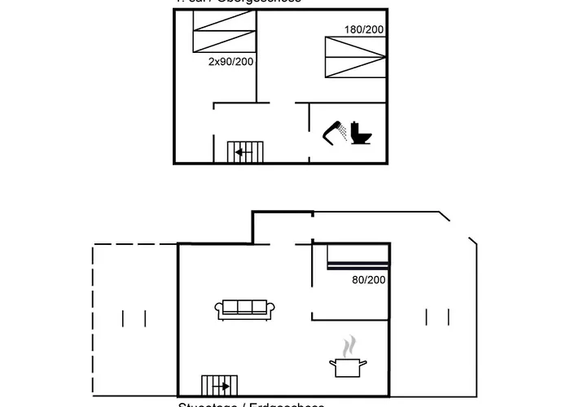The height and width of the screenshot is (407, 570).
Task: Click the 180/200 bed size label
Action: [364, 30]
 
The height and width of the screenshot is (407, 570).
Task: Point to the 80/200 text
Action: [369, 280]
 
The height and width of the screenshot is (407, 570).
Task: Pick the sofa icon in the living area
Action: [246, 309]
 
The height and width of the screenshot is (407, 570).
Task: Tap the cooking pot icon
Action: [348, 366]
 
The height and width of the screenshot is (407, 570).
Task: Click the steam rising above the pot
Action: [349, 345]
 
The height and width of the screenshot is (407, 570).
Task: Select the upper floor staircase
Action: [246, 151]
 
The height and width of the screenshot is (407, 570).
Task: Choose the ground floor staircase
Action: [220, 385]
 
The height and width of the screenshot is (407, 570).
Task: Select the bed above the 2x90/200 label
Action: [224, 33]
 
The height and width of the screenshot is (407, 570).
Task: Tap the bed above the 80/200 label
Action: [358, 257]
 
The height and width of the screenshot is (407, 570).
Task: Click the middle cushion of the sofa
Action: [246, 307]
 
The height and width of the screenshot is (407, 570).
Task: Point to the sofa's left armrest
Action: [219, 309]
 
